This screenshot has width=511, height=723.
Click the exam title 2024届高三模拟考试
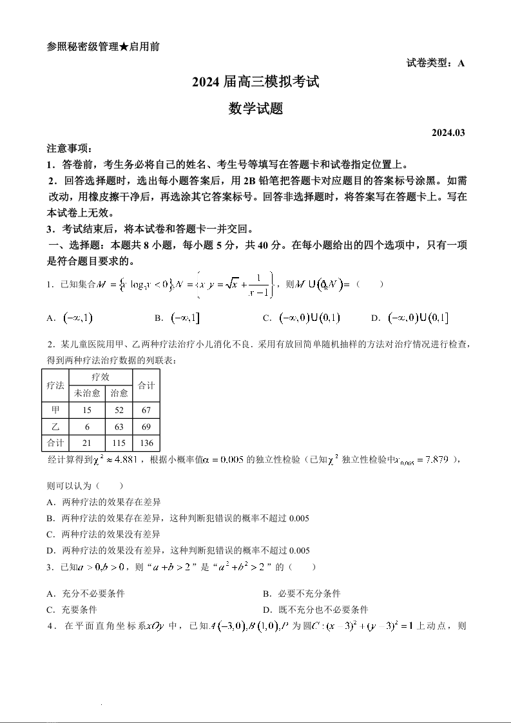point(255,82)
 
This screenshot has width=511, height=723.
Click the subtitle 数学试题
point(255,109)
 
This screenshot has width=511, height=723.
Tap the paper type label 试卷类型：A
point(436,63)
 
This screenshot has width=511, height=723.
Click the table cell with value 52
point(119,410)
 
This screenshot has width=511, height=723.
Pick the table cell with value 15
point(87,410)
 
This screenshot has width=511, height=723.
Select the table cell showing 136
point(146,443)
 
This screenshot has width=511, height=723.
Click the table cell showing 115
point(119,443)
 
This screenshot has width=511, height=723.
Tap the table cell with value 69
point(146,427)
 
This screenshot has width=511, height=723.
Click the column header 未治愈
point(87,393)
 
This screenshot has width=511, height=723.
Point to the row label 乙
point(55,427)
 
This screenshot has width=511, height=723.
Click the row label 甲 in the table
point(55,410)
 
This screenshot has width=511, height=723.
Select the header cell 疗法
point(55,385)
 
